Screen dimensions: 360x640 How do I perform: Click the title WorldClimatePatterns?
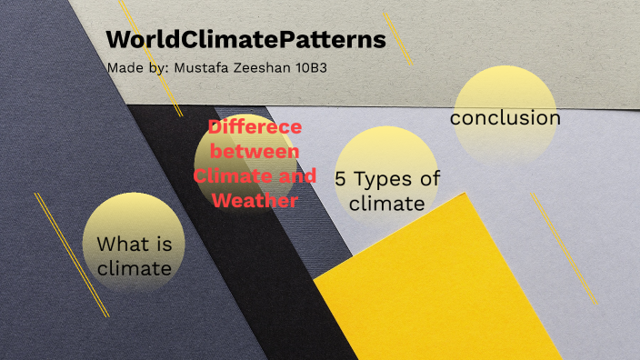(x=245, y=41)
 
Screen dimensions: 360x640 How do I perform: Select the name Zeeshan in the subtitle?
(x=267, y=69)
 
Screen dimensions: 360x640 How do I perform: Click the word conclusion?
(x=505, y=118)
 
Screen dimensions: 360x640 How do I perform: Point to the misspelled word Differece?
(x=255, y=128)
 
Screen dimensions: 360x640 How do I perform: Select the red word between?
(x=255, y=152)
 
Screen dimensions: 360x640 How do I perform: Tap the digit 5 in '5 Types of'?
(x=340, y=179)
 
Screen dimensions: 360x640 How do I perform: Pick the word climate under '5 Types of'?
(x=387, y=203)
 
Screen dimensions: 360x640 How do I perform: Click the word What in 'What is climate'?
(x=119, y=245)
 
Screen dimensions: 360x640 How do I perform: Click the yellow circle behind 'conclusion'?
(x=505, y=86)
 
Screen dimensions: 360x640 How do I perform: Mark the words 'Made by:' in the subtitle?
(x=135, y=69)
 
